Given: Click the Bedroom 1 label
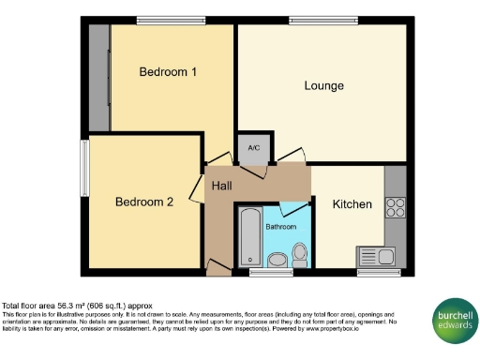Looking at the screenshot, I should (x=167, y=71).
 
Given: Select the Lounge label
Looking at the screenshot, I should (x=323, y=86).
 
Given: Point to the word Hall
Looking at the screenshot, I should (x=221, y=187).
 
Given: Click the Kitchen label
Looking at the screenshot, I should (x=352, y=204).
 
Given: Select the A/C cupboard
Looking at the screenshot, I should (x=253, y=148).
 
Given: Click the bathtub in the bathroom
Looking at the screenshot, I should (x=249, y=237).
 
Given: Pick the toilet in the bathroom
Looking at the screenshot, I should (x=300, y=253).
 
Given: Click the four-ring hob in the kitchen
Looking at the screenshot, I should (x=395, y=208).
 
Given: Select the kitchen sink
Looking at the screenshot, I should (x=376, y=256).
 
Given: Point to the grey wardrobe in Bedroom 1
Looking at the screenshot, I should (x=99, y=78).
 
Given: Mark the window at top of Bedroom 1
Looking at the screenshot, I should (x=171, y=20).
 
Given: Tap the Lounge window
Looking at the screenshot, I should (x=322, y=20).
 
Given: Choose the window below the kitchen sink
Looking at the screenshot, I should (x=379, y=273).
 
